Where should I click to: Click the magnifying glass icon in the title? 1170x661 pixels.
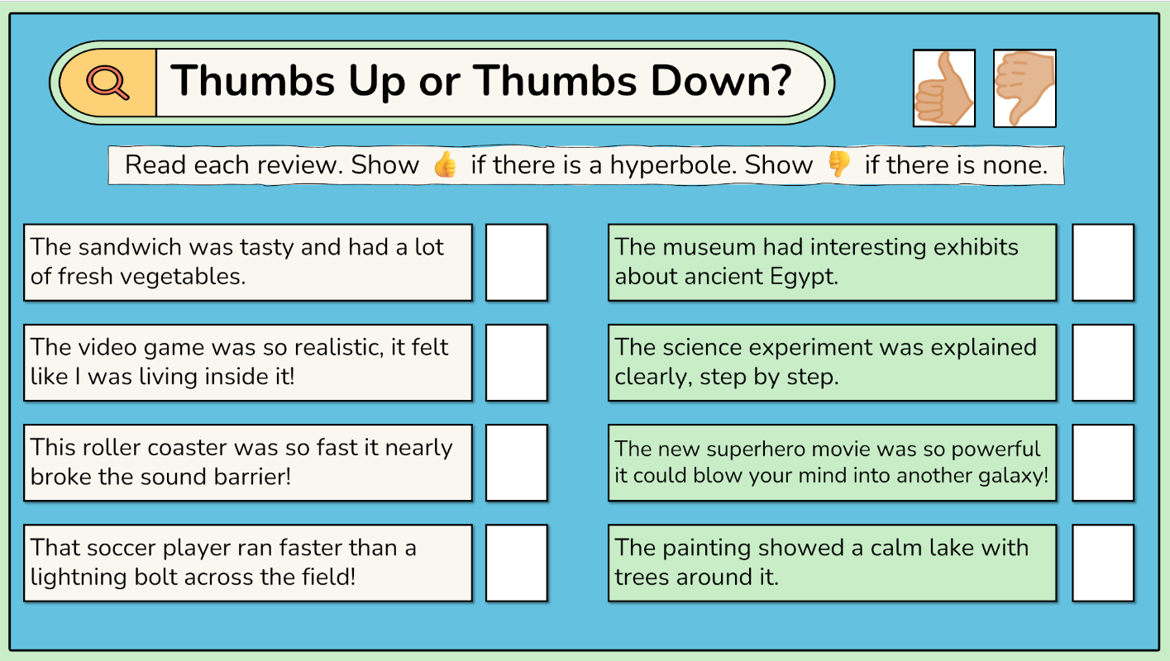pyautogui.click(x=107, y=82)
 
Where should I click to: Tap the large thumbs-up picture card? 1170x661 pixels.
pyautogui.click(x=943, y=88)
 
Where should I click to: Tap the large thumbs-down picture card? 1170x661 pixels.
pyautogui.click(x=1024, y=88)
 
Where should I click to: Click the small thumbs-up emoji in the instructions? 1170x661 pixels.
pyautogui.click(x=445, y=164)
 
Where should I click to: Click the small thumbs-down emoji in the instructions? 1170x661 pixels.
pyautogui.click(x=839, y=164)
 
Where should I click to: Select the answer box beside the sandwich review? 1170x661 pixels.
pyautogui.click(x=517, y=263)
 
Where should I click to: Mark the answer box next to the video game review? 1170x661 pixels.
pyautogui.click(x=517, y=363)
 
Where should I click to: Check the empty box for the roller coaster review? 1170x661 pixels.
pyautogui.click(x=517, y=463)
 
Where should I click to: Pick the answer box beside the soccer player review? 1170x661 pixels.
pyautogui.click(x=517, y=563)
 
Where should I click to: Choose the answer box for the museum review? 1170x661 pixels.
pyautogui.click(x=1103, y=263)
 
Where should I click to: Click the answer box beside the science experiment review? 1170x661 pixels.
pyautogui.click(x=1103, y=363)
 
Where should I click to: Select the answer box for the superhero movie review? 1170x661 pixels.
pyautogui.click(x=1103, y=463)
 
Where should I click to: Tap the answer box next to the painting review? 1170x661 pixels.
pyautogui.click(x=1103, y=563)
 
